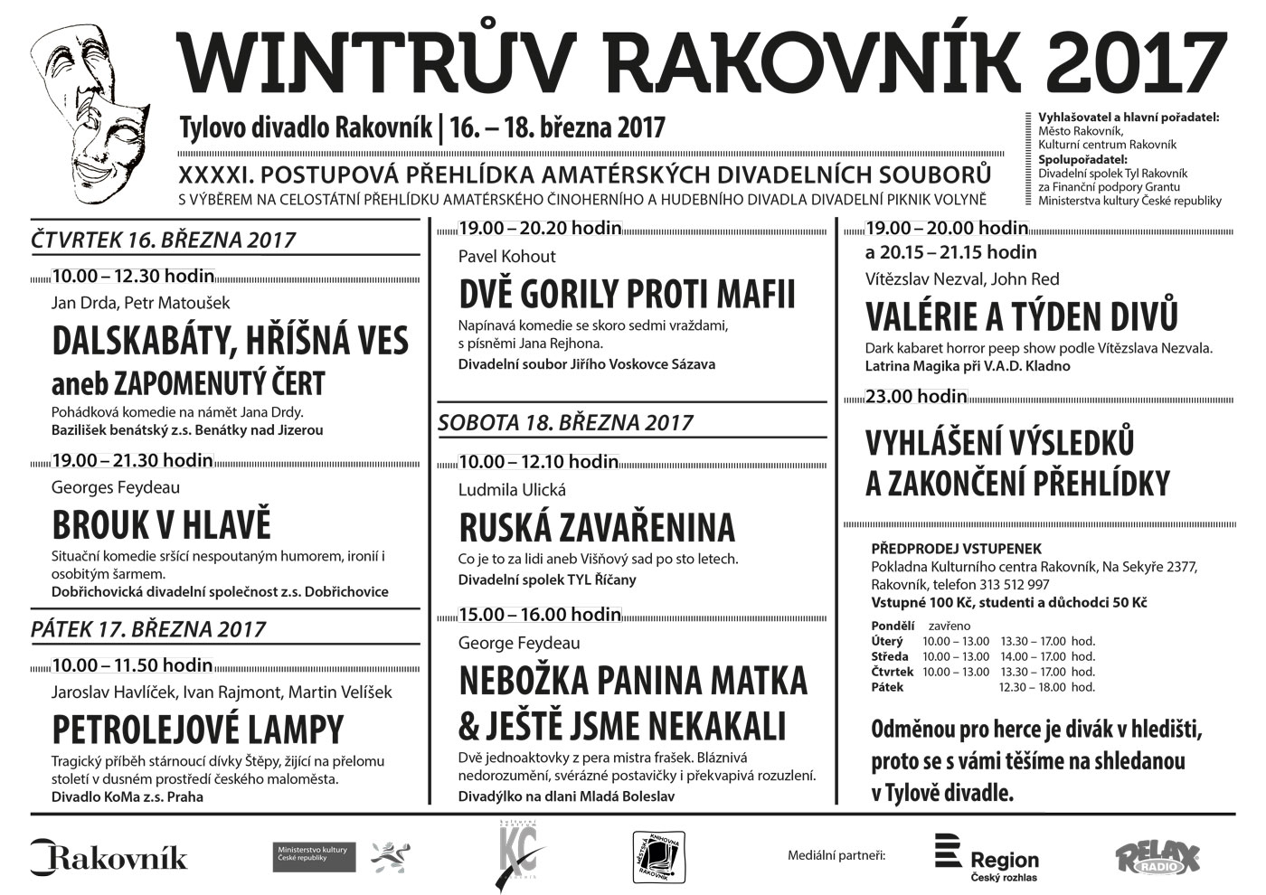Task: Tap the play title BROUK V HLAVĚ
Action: [162, 525]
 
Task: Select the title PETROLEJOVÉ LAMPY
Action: [198, 729]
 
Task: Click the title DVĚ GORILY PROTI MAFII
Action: [628, 295]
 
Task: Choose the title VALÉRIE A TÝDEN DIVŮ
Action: [1022, 317]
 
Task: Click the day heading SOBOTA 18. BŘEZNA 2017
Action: [565, 422]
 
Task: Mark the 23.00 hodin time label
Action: [917, 396]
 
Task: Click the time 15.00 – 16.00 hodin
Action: [540, 615]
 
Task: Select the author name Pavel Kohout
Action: [507, 256]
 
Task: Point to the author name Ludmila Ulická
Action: [512, 489]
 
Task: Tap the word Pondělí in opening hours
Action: [893, 626]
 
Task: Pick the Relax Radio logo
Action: [1157, 857]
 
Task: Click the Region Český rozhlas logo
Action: [987, 857]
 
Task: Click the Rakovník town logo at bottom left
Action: [109, 856]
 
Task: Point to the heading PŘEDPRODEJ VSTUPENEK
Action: [956, 549]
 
